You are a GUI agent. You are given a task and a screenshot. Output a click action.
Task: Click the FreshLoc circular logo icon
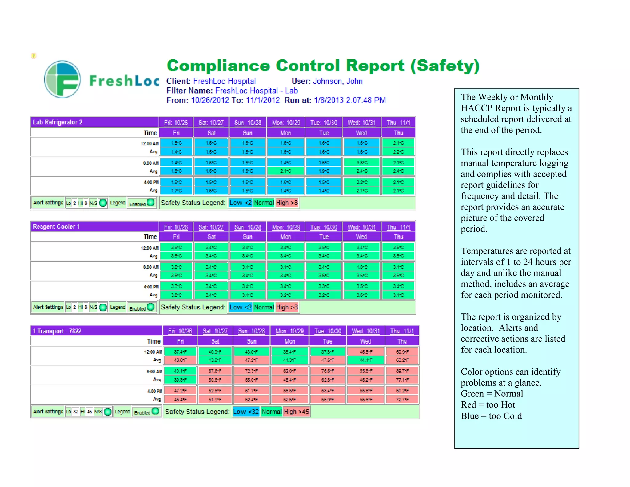(62, 79)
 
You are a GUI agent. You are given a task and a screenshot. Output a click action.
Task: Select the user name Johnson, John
(337, 81)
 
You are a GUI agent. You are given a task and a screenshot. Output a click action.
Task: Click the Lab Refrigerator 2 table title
(58, 122)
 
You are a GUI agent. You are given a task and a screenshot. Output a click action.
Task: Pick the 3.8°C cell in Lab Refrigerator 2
(362, 163)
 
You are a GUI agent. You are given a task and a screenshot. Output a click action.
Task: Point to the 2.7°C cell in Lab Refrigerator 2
(362, 191)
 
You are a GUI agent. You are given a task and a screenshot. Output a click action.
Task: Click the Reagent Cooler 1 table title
(56, 227)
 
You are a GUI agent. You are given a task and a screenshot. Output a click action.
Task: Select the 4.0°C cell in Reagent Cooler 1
(362, 267)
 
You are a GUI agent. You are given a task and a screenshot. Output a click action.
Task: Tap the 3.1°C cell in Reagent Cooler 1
(285, 267)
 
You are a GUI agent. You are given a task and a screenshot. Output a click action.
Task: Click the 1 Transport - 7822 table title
(57, 331)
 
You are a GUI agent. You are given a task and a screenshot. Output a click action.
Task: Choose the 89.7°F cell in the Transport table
(402, 371)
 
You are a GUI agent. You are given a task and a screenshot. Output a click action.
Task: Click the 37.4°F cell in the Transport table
(180, 352)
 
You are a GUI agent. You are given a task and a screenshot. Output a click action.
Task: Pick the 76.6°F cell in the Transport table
(328, 371)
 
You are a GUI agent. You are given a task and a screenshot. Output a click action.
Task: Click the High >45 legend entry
(296, 412)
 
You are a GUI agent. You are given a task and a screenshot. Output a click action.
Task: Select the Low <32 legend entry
(246, 412)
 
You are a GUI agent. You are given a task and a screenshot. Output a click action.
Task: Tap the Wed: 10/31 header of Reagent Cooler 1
(361, 227)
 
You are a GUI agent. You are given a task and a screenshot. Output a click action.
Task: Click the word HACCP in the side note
(476, 108)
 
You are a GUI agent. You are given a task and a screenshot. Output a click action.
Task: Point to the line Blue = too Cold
(491, 416)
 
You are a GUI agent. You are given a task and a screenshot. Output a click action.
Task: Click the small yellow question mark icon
(34, 56)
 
